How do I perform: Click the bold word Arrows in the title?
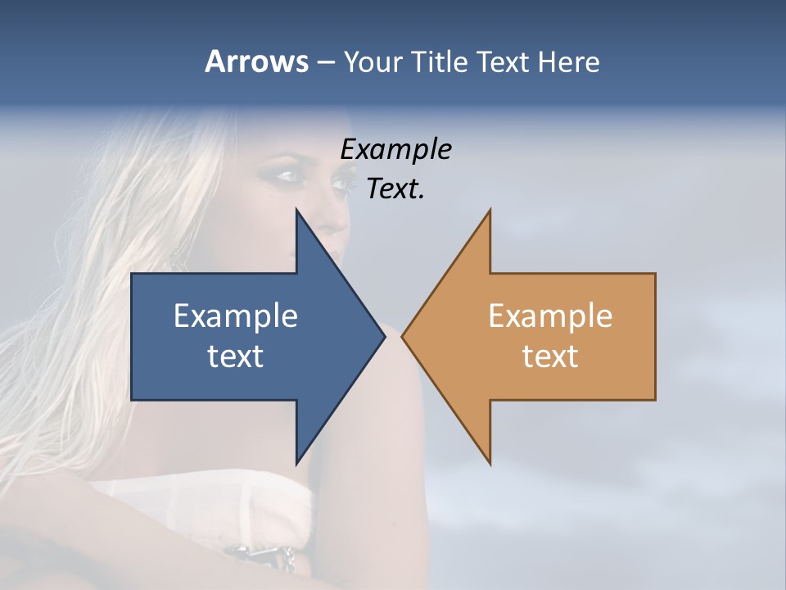click(255, 61)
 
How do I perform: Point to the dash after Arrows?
click(325, 62)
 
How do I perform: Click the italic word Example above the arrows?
click(396, 149)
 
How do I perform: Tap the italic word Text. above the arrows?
click(396, 188)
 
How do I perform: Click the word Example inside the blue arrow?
click(236, 315)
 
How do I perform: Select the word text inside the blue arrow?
click(236, 356)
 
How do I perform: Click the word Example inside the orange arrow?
click(550, 315)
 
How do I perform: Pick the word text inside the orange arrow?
click(550, 356)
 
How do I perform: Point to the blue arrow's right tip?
click(385, 336)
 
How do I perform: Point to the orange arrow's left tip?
click(402, 336)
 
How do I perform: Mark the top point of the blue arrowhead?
click(296, 210)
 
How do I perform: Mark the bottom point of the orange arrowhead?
click(490, 464)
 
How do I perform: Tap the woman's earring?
click(177, 261)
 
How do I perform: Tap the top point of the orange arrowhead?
click(490, 210)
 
